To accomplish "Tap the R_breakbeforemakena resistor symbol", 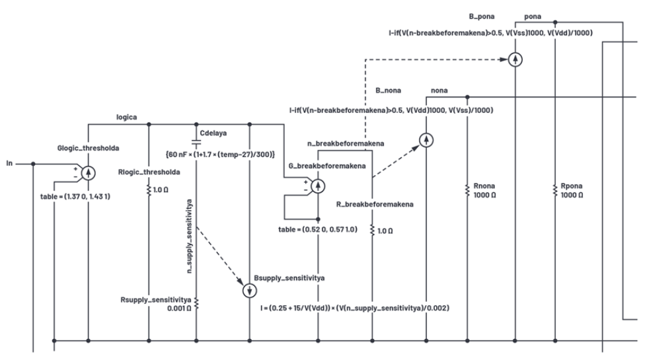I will pyautogui.click(x=374, y=231).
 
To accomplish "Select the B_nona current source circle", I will pyautogui.click(x=426, y=140).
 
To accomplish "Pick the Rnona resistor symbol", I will pyautogui.click(x=467, y=192).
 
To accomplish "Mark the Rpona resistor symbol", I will pyautogui.click(x=556, y=192).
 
